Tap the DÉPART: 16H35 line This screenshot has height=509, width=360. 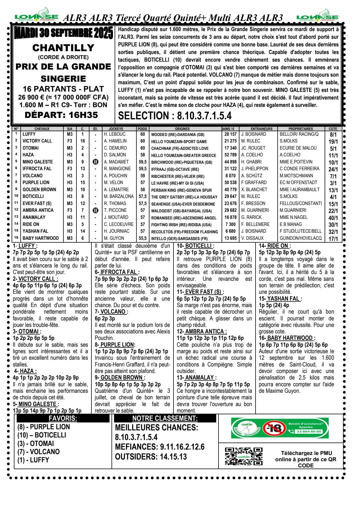pyautogui.click(x=61, y=115)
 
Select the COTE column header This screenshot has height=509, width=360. pyautogui.click(x=333, y=129)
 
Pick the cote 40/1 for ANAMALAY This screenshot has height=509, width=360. pyautogui.click(x=333, y=218)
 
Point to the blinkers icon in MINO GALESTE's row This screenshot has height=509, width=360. pyautogui.click(x=95, y=162)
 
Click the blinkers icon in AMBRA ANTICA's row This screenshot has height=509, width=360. pyautogui.click(x=95, y=210)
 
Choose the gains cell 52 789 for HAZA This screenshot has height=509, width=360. pyautogui.click(x=230, y=155)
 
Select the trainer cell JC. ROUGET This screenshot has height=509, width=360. pyautogui.click(x=253, y=148)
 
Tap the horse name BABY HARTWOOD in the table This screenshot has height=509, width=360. pyautogui.click(x=41, y=238)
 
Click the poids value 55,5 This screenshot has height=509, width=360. pyautogui.click(x=143, y=238)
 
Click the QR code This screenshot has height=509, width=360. pyautogui.click(x=244, y=456)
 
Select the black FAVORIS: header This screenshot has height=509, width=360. pyautogui.click(x=63, y=419)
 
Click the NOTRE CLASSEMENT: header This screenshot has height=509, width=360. pyautogui.click(x=165, y=419)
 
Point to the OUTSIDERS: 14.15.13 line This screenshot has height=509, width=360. pyautogui.click(x=151, y=457)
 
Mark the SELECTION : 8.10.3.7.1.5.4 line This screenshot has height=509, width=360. pyautogui.click(x=175, y=116)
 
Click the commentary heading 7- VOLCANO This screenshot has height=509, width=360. pyautogui.click(x=111, y=312)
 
